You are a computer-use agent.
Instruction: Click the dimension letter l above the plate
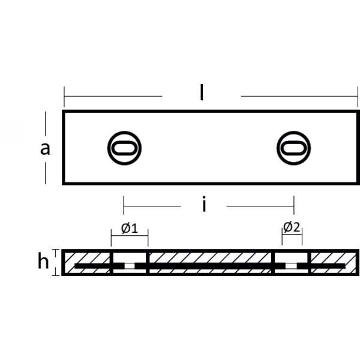[x=202, y=93]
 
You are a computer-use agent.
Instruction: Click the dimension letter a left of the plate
[x=45, y=148]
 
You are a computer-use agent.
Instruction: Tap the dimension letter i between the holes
[x=204, y=205]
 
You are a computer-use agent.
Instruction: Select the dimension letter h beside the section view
[x=43, y=262]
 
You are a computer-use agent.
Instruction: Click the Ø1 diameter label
[x=130, y=228]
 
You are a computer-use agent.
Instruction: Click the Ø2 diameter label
[x=292, y=227]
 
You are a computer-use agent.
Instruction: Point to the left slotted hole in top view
[x=125, y=148]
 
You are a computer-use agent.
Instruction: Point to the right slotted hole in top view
[x=294, y=148]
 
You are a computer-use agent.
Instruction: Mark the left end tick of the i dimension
[x=124, y=206]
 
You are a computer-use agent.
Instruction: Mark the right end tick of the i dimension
[x=293, y=206]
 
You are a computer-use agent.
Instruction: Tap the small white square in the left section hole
[x=130, y=265]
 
